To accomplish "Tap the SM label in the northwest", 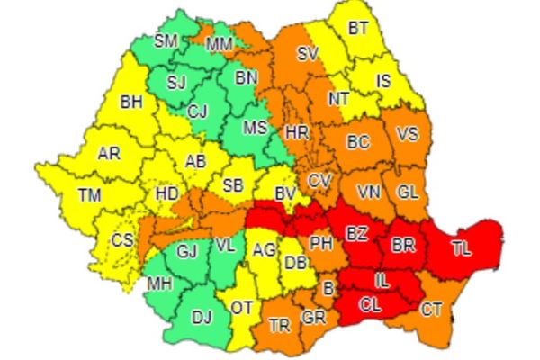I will [166, 41].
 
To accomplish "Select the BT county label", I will [358, 29].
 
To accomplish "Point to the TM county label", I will [89, 194].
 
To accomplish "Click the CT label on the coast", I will [432, 310].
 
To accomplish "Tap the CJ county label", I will [198, 112].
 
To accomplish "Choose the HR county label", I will [296, 132].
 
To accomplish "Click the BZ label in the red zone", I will [357, 234].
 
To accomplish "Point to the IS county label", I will [384, 81].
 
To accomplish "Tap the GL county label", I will [407, 192].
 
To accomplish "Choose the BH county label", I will [132, 102].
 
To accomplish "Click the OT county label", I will [242, 308].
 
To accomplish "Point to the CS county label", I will [121, 240].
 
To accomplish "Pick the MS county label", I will [256, 128].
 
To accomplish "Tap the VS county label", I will [407, 135].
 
